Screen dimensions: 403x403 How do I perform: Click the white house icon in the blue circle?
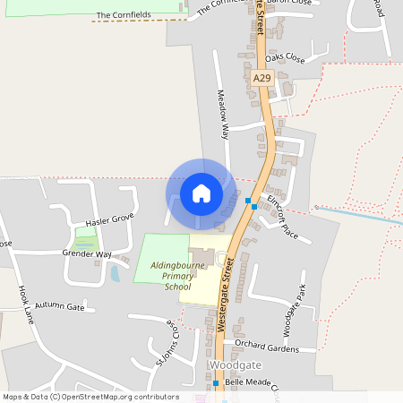[x=201, y=193]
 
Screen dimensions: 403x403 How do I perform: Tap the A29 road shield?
[x=262, y=79]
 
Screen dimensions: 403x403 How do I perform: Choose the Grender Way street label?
[x=87, y=254]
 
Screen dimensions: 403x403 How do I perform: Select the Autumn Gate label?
[x=60, y=306]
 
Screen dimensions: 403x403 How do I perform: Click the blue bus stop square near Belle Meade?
[x=216, y=383]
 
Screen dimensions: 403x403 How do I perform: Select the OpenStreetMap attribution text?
[x=90, y=397]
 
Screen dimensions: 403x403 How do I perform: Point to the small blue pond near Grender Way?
[x=115, y=273]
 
